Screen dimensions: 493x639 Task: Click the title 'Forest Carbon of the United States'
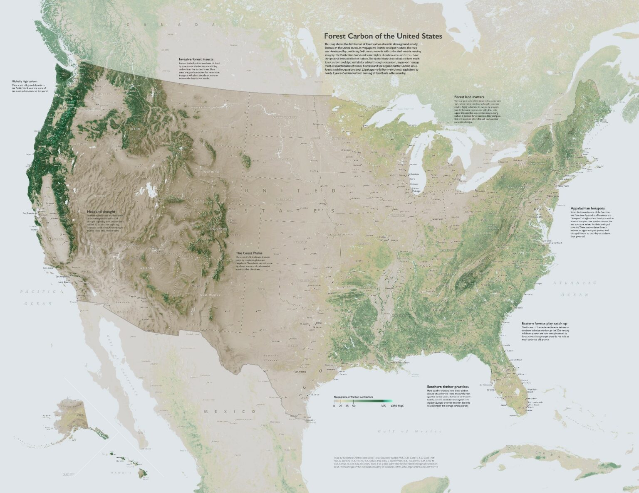(x=383, y=36)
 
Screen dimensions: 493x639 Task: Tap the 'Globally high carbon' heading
(x=25, y=81)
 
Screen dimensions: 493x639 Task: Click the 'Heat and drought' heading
(x=98, y=211)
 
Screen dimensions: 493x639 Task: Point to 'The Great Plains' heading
(x=250, y=253)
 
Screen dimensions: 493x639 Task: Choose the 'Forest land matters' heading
(x=469, y=97)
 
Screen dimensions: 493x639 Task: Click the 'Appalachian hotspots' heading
(x=587, y=208)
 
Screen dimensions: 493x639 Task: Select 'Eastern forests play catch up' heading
(x=545, y=323)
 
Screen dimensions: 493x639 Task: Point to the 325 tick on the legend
(x=383, y=405)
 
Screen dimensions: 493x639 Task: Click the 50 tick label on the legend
(x=353, y=405)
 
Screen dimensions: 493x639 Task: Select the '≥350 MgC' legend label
(x=397, y=405)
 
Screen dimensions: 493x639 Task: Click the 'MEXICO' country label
(x=230, y=411)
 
